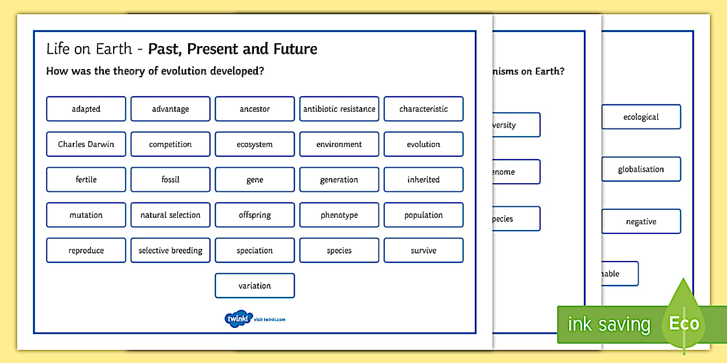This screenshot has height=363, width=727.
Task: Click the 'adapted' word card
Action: coord(86,109)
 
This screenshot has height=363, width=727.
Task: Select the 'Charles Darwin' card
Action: coord(86,144)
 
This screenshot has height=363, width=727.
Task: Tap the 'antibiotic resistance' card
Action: coord(339,109)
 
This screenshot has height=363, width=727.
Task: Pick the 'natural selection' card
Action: coord(170,215)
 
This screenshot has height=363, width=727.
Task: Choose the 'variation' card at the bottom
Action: coord(254,286)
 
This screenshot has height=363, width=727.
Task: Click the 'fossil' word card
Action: coord(170,180)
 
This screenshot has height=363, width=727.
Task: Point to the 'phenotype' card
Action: coord(339,215)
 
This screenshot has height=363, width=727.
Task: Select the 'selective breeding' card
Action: coord(170,251)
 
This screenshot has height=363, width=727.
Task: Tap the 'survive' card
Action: coord(424,251)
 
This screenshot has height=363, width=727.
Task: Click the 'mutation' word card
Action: coord(86,215)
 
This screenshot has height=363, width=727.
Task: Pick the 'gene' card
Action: coord(254,180)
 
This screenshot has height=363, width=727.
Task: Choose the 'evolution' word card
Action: coord(424,144)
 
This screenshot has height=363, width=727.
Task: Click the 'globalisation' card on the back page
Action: coord(641,169)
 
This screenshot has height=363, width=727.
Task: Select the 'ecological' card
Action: coord(641,117)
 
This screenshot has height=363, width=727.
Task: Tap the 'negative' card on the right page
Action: coord(641,222)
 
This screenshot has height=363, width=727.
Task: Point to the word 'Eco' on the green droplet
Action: coord(684,323)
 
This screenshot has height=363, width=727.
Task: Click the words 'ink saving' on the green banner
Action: coord(609,324)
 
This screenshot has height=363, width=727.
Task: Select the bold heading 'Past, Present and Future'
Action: coord(233,49)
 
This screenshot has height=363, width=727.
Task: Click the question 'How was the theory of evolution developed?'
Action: coord(155,71)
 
